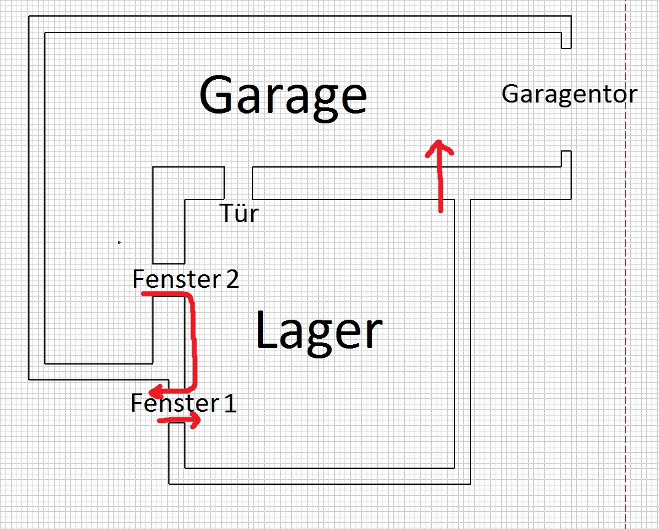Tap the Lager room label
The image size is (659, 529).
point(318,331)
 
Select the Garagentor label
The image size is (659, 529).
point(569,95)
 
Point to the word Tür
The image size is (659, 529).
point(240,214)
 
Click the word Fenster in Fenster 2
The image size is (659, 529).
point(176,280)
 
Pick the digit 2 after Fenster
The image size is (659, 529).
point(232,280)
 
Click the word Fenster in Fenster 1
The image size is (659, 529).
point(174,403)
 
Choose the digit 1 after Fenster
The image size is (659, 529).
point(230,403)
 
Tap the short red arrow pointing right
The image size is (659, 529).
point(179,420)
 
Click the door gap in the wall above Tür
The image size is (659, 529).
point(238,182)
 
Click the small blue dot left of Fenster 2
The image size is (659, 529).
point(119,243)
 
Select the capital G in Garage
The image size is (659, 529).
point(219,95)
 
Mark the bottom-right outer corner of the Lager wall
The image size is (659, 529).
point(470,484)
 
